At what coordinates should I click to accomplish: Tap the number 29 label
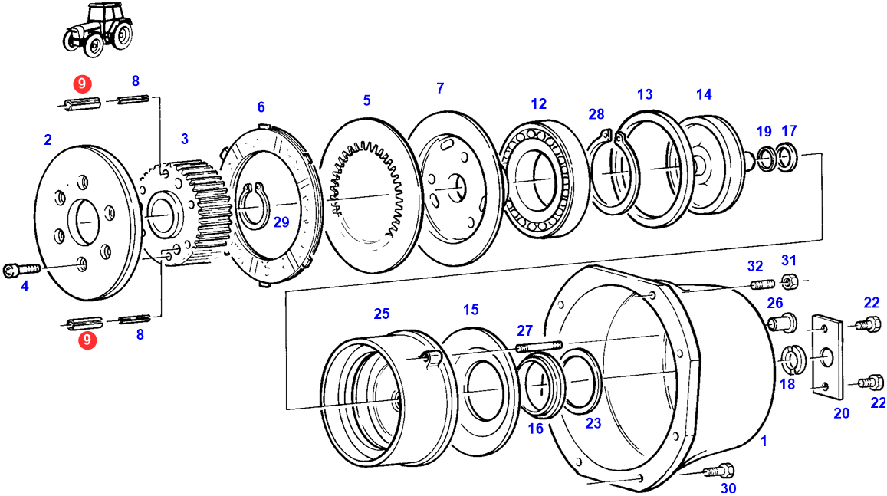click(x=281, y=222)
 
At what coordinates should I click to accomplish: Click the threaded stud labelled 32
click(x=759, y=285)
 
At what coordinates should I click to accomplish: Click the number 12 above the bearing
click(x=538, y=103)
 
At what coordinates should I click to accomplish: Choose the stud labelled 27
click(x=539, y=347)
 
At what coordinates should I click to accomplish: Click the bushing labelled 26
click(x=777, y=324)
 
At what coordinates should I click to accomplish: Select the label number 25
click(x=381, y=314)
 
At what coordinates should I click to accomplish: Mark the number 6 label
click(x=261, y=107)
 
